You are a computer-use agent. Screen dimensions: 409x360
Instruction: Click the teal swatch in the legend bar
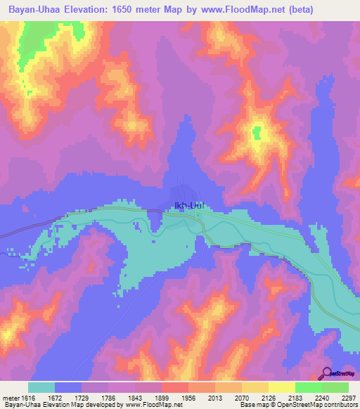pos(41,387)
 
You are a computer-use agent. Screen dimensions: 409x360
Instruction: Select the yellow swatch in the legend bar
pos(255,387)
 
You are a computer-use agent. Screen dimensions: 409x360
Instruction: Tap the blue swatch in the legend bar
pos(68,387)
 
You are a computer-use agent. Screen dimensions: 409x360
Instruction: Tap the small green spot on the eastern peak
pos(257,131)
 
